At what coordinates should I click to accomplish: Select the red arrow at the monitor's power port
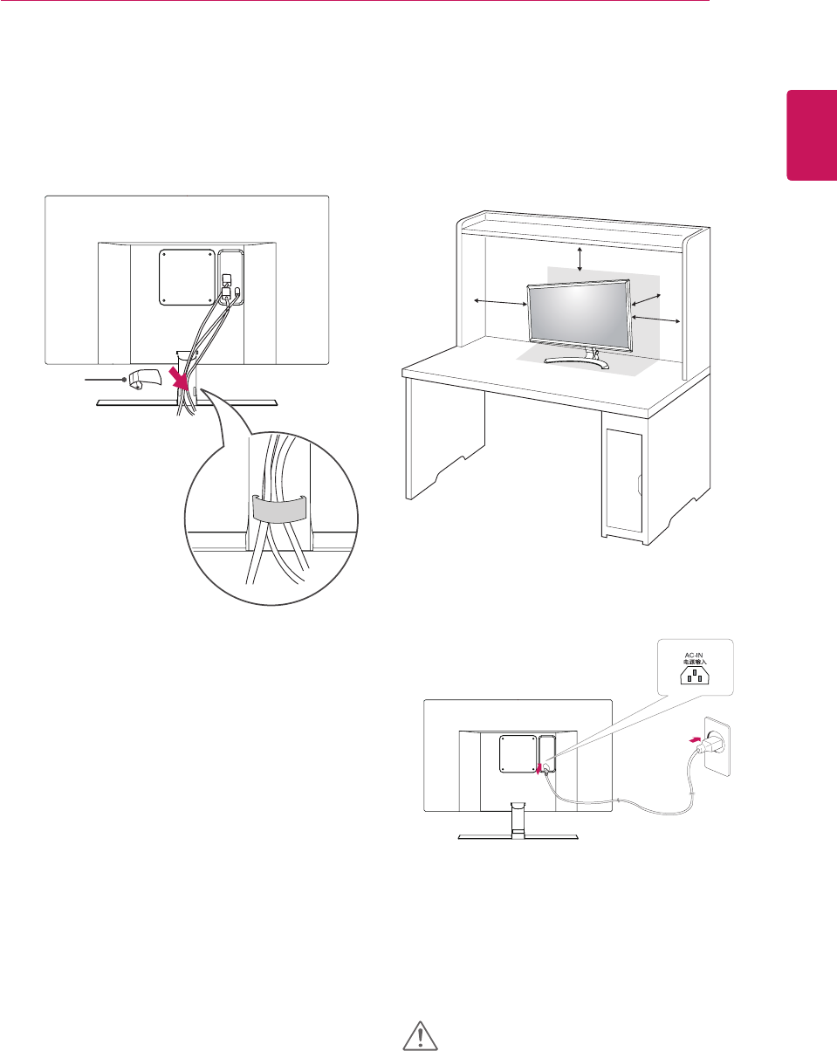(x=541, y=767)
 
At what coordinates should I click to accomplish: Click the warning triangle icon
(x=420, y=1034)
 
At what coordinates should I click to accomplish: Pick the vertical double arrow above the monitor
(x=580, y=258)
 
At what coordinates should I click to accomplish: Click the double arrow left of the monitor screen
(x=500, y=302)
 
